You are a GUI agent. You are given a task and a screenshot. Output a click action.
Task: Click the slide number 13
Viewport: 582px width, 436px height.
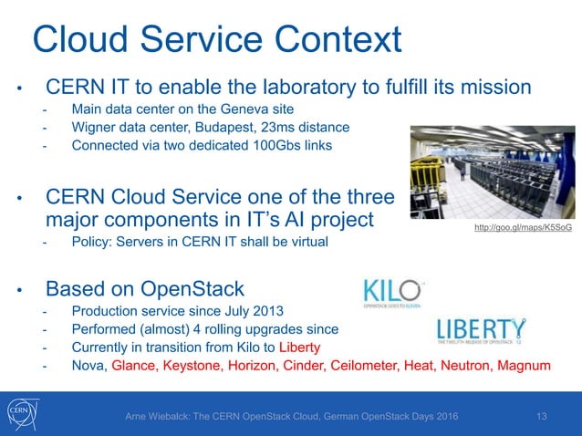(542, 417)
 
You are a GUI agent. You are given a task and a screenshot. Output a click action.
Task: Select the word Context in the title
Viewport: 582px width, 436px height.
(335, 41)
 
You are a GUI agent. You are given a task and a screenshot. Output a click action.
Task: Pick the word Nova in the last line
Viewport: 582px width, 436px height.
(88, 366)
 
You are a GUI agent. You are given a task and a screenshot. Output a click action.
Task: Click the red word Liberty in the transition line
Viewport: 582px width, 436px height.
(300, 348)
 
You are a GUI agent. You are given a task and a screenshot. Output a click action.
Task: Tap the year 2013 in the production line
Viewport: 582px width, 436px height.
(270, 311)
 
